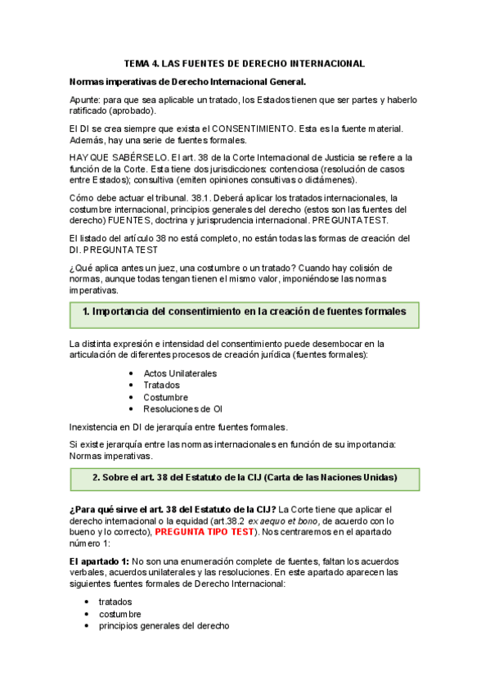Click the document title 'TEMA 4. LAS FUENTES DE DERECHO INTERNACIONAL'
tap(244, 63)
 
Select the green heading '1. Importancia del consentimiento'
tap(245, 312)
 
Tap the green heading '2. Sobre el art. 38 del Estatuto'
tap(245, 477)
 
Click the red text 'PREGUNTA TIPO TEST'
tap(208, 532)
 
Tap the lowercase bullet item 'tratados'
tap(115, 602)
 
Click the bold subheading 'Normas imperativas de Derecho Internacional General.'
tap(188, 82)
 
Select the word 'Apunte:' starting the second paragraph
tap(86, 100)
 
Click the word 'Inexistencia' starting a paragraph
tap(95, 426)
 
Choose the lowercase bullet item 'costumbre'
tap(119, 614)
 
